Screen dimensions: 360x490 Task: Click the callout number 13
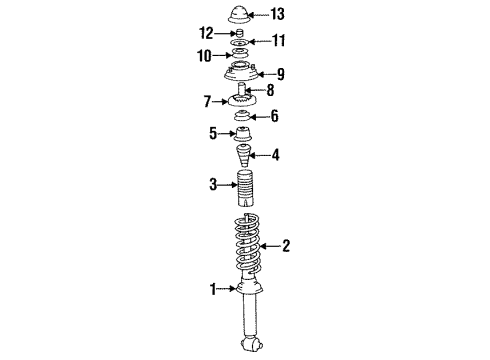coord(278,14)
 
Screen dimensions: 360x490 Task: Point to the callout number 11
coord(278,41)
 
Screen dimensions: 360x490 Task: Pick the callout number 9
coord(281,73)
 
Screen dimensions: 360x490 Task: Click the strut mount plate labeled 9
coord(243,73)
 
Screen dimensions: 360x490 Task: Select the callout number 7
coord(208,101)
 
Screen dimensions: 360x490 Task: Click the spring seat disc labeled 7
coord(242,102)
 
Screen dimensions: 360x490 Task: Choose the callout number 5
coord(211,133)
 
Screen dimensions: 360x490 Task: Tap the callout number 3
coord(212,184)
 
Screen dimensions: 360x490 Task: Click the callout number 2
coord(286,244)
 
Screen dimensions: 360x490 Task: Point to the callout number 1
coord(212,290)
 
